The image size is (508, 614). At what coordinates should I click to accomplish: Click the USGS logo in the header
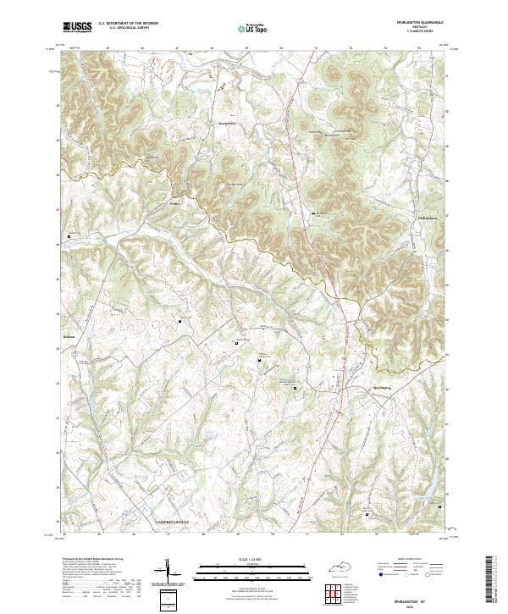point(77,27)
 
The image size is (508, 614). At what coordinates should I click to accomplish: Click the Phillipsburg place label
point(432,218)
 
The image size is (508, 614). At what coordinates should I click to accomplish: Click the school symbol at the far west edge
point(69,236)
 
